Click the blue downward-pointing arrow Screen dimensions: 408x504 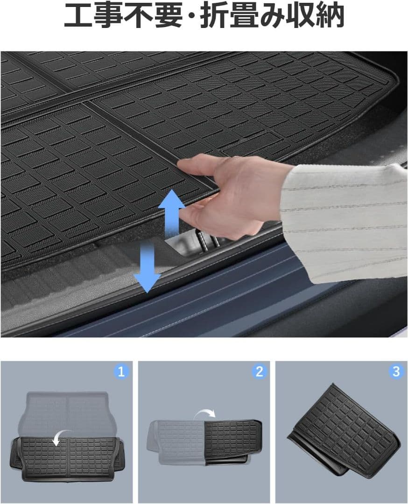click(147, 267)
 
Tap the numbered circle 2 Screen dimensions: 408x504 click(259, 372)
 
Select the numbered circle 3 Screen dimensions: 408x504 click(396, 372)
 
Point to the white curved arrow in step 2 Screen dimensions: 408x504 click(206, 413)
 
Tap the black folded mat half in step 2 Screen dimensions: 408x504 click(232, 442)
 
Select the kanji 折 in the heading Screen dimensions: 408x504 click(212, 15)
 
